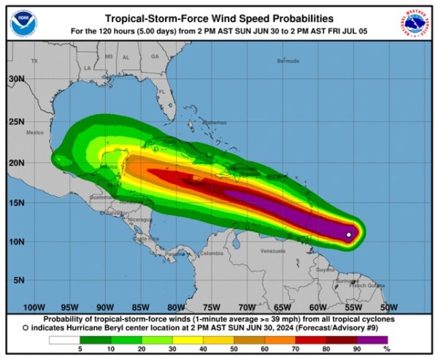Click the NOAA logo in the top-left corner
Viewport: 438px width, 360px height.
point(23,23)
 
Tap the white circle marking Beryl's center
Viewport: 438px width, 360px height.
point(349,234)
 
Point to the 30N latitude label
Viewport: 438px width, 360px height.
point(16,79)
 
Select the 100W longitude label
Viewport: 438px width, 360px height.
point(34,307)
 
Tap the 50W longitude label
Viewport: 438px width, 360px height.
point(389,307)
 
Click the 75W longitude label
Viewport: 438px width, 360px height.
point(211,307)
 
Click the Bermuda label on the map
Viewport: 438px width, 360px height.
point(288,61)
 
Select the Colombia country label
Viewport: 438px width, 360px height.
point(212,253)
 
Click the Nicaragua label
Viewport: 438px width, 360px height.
point(139,218)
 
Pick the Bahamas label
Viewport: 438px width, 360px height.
point(215,122)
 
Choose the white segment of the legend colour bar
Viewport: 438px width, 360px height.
point(64,340)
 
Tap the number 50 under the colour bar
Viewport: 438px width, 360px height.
point(234,350)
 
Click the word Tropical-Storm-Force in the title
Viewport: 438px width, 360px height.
point(153,18)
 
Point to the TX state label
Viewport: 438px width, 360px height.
point(34,62)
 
